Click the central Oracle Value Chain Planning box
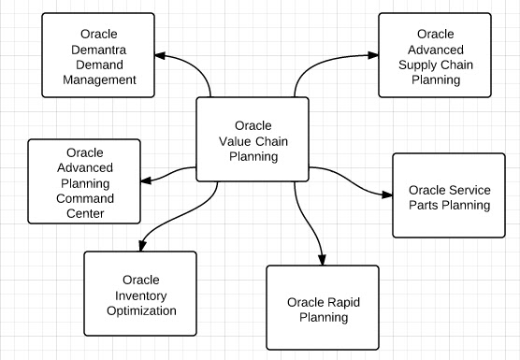tap(253, 140)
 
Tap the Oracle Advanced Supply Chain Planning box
tap(435, 54)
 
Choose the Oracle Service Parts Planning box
tap(453, 195)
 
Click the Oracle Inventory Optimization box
tap(140, 294)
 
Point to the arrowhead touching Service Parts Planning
tap(386, 194)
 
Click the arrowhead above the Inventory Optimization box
tap(140, 245)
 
